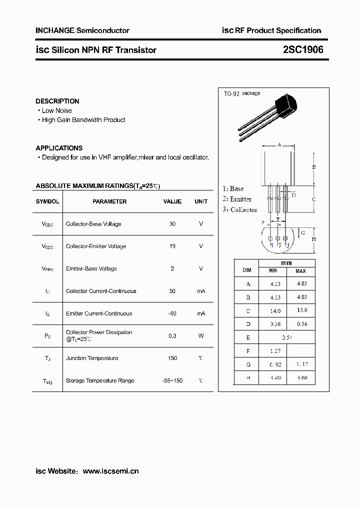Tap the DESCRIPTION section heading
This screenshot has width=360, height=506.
tap(57, 101)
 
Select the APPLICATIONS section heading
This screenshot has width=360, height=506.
tap(59, 148)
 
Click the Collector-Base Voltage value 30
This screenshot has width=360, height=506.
tap(172, 224)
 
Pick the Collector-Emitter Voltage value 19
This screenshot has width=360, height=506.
tap(172, 246)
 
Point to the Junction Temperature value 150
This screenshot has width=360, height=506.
tap(172, 358)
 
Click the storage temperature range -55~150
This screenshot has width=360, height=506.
tap(172, 381)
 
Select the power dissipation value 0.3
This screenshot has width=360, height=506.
tap(172, 336)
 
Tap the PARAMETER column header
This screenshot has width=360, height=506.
tap(109, 201)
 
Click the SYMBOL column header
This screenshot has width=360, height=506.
tap(47, 201)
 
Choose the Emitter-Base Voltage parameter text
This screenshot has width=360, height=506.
tap(91, 269)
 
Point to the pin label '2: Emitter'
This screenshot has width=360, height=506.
tap(237, 199)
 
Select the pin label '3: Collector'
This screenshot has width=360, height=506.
tap(240, 210)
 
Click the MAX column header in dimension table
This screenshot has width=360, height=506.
tap(300, 271)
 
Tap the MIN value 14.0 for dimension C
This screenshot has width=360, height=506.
tap(275, 310)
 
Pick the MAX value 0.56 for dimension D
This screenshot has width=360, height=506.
tap(301, 324)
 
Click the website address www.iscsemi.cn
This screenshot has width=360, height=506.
tap(110, 471)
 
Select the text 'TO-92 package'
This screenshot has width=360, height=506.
tap(241, 93)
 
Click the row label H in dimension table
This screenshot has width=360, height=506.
tap(248, 378)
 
